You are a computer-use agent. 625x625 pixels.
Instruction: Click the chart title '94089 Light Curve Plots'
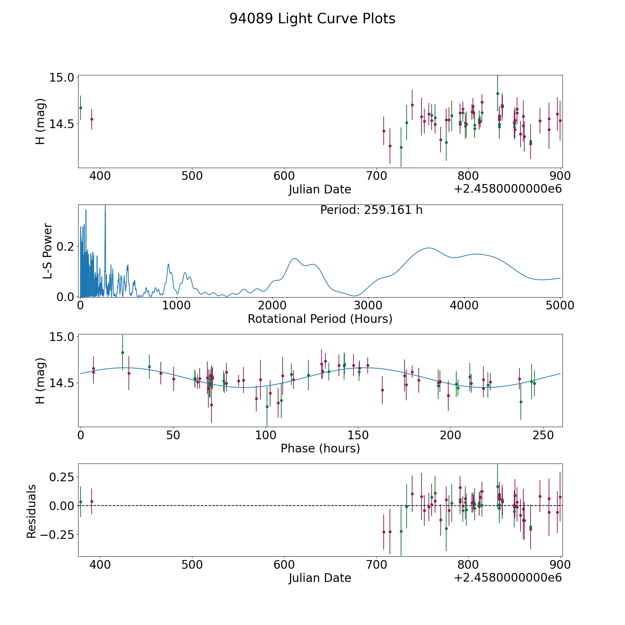[x=312, y=19]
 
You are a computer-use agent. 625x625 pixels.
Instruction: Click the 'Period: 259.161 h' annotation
[x=371, y=210]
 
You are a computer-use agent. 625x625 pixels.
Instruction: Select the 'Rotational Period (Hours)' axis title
[x=320, y=319]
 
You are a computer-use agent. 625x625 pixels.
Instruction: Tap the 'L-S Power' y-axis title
[x=48, y=251]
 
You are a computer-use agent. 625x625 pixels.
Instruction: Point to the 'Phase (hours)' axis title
[x=320, y=449]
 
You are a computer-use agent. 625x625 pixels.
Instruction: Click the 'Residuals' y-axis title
[x=32, y=511]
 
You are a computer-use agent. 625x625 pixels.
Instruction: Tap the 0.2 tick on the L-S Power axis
[x=66, y=247]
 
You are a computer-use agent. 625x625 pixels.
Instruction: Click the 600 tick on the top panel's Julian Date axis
[x=284, y=176]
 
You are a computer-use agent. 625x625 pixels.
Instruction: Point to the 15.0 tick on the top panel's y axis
[x=61, y=77]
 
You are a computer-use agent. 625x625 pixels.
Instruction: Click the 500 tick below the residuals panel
[x=192, y=565]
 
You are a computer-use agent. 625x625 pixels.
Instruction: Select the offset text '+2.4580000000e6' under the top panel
[x=508, y=189]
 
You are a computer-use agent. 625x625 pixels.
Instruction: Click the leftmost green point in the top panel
[x=81, y=108]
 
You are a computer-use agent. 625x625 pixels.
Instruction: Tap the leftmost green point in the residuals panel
[x=81, y=502]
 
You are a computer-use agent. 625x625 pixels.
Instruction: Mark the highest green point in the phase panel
[x=123, y=352]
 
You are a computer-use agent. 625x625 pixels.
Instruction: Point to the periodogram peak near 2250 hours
[x=294, y=258]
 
